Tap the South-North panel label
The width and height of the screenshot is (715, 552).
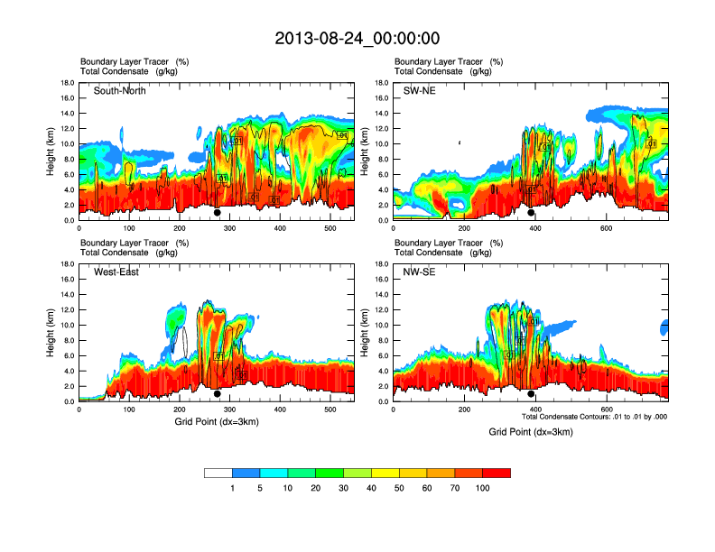119,91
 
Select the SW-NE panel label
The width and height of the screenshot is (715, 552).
420,91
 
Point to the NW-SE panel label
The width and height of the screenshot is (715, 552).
420,272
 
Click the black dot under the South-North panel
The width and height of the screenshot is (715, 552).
218,213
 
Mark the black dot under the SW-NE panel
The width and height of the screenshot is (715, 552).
532,213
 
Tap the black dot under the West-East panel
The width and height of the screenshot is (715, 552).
218,394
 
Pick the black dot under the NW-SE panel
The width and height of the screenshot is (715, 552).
532,394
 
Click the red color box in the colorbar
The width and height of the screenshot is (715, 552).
497,473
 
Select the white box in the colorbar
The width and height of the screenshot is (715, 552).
218,473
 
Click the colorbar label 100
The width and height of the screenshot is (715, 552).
483,488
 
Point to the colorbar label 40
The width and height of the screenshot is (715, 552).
371,488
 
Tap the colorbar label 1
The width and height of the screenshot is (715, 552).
232,488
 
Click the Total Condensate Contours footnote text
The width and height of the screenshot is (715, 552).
594,417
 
